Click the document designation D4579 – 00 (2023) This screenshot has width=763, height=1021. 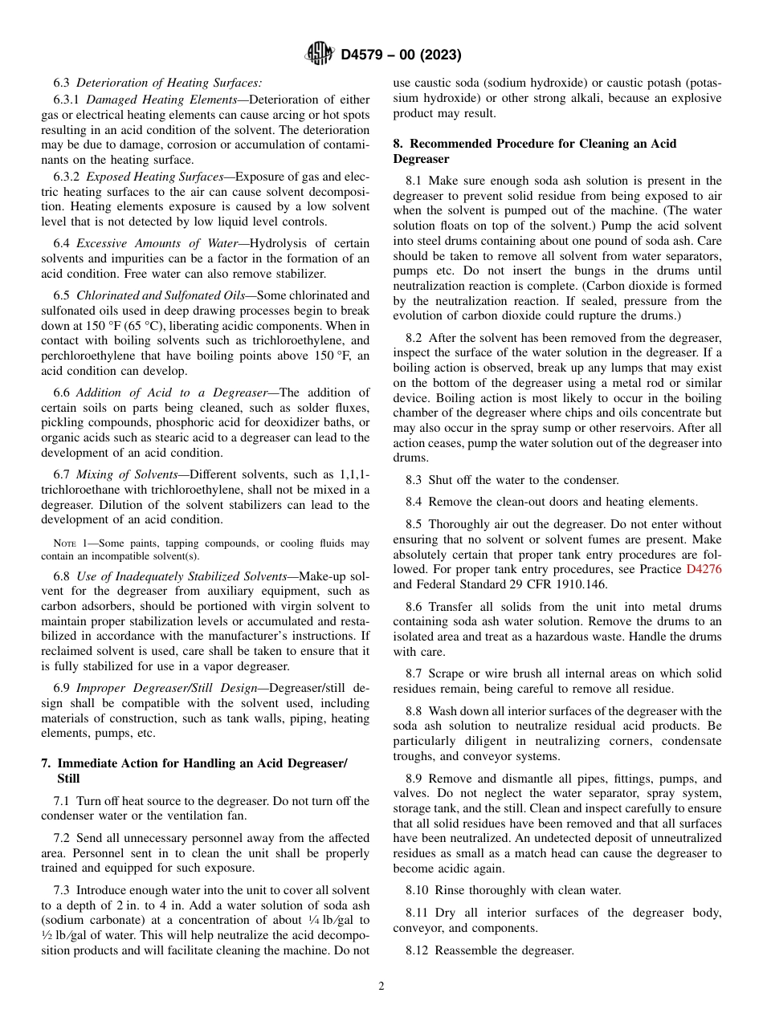(401, 55)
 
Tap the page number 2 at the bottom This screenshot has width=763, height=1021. (381, 986)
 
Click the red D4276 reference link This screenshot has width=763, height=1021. (704, 569)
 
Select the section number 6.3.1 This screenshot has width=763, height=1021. (67, 100)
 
